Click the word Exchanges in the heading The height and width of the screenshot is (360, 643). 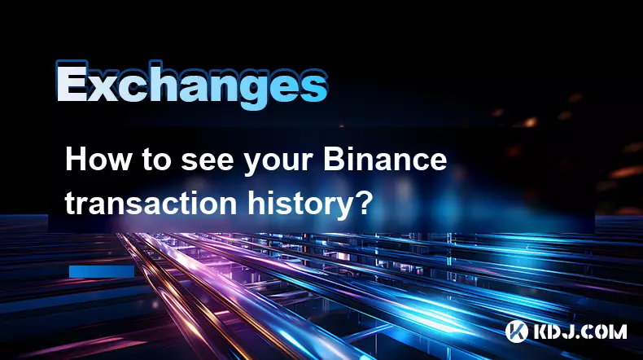tap(191, 85)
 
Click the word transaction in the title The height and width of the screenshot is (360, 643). tap(151, 203)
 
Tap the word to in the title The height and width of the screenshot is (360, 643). tap(155, 161)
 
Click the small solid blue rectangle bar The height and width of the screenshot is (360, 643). tap(102, 271)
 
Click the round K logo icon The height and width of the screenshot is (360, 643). tap(517, 331)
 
